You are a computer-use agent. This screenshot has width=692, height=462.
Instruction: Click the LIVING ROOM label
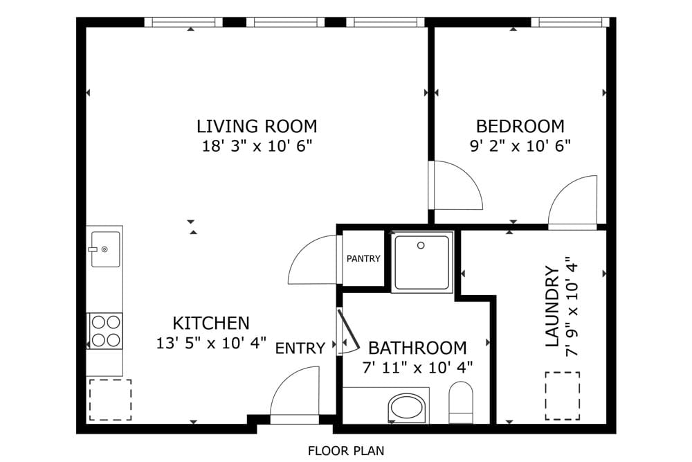pos(257,127)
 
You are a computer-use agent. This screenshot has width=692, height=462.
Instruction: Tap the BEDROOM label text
pos(520,127)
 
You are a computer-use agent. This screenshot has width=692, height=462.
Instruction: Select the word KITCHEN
pos(210,323)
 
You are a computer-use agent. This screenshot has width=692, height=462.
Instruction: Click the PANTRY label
pos(363,259)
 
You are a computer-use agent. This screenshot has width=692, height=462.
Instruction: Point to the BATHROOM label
pos(417,348)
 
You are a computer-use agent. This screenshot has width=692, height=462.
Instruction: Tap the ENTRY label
pos(300,348)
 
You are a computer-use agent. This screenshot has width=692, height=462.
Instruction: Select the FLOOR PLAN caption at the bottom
pos(346,451)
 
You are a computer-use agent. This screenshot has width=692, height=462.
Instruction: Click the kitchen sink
pos(105,249)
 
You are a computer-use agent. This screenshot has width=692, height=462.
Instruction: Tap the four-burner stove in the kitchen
pos(105,330)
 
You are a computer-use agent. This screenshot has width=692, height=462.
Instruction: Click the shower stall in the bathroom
pos(422,262)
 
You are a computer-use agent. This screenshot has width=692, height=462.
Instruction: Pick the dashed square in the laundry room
pos(562,396)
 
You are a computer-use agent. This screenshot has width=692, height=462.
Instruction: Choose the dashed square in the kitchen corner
pos(110,399)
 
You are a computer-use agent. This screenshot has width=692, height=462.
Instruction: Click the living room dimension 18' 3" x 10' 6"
pos(257,146)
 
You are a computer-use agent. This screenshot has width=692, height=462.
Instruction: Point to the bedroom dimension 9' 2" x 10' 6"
pos(520,146)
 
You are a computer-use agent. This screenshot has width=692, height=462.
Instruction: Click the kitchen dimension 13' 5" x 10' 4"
pos(212,343)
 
